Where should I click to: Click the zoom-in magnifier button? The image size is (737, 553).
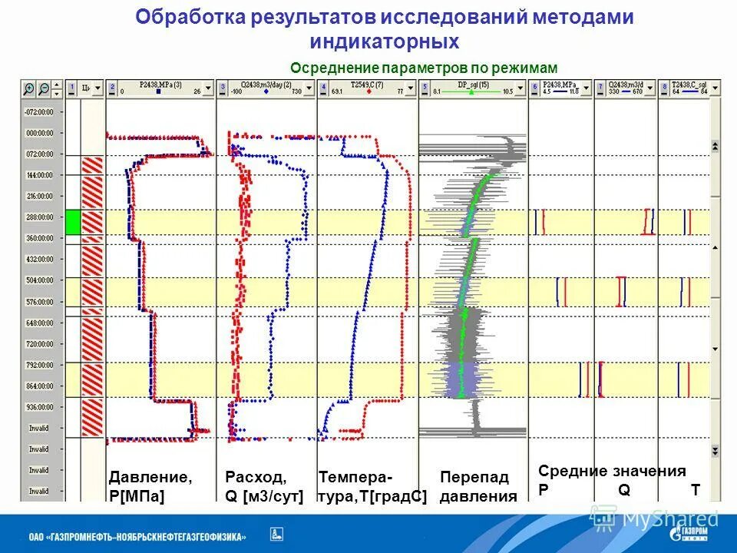[30, 88]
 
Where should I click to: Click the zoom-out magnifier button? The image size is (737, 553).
[45, 88]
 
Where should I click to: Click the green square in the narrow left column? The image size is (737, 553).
[72, 222]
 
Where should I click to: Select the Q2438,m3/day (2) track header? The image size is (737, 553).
[266, 88]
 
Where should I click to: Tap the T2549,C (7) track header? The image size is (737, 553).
[367, 88]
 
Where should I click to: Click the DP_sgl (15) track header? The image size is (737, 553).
[473, 88]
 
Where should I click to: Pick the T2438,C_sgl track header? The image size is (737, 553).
[689, 88]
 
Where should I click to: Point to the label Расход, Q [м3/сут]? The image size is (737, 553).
[264, 486]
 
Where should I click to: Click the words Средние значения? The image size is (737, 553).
[612, 471]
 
